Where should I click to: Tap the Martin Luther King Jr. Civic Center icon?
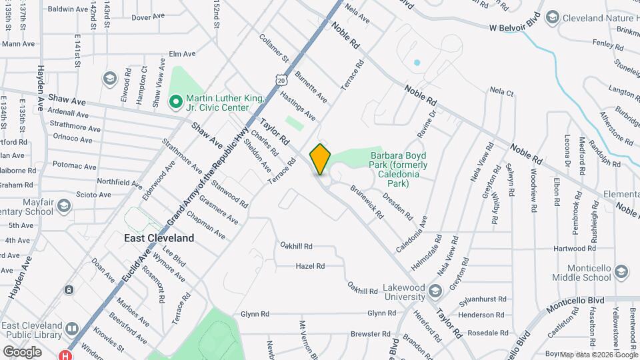pyautogui.click(x=176, y=102)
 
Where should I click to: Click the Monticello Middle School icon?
pyautogui.click(x=621, y=272)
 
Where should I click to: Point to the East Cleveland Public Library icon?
pyautogui.click(x=72, y=329)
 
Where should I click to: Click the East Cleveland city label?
pyautogui.click(x=159, y=238)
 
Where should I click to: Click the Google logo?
pyautogui.click(x=21, y=351)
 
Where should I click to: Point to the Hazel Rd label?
pyautogui.click(x=310, y=266)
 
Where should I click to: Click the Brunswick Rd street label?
pyautogui.click(x=367, y=202)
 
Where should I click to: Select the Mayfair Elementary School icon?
pyautogui.click(x=64, y=204)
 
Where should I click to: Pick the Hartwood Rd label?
pyautogui.click(x=569, y=248)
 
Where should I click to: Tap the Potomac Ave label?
pyautogui.click(x=71, y=164)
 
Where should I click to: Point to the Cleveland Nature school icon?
pyautogui.click(x=552, y=17)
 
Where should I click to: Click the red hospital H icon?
pyautogui.click(x=65, y=355)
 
